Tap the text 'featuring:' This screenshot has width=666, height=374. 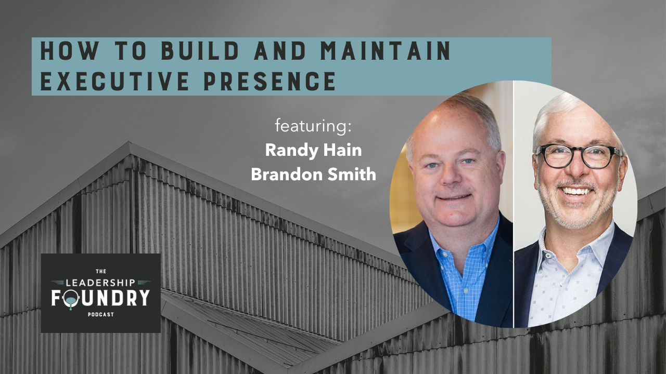313,126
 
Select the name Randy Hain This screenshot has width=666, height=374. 313,151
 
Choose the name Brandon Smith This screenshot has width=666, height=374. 313,175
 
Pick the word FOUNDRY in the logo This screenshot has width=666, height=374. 100,298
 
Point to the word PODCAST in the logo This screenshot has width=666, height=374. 100,314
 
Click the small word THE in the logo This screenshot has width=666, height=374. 100,272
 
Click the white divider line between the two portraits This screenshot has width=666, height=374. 514,208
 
